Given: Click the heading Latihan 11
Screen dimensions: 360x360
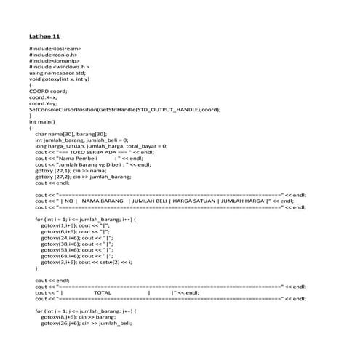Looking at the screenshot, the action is [x=45, y=35].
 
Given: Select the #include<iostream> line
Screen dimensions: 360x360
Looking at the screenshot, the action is [x=55, y=48].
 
